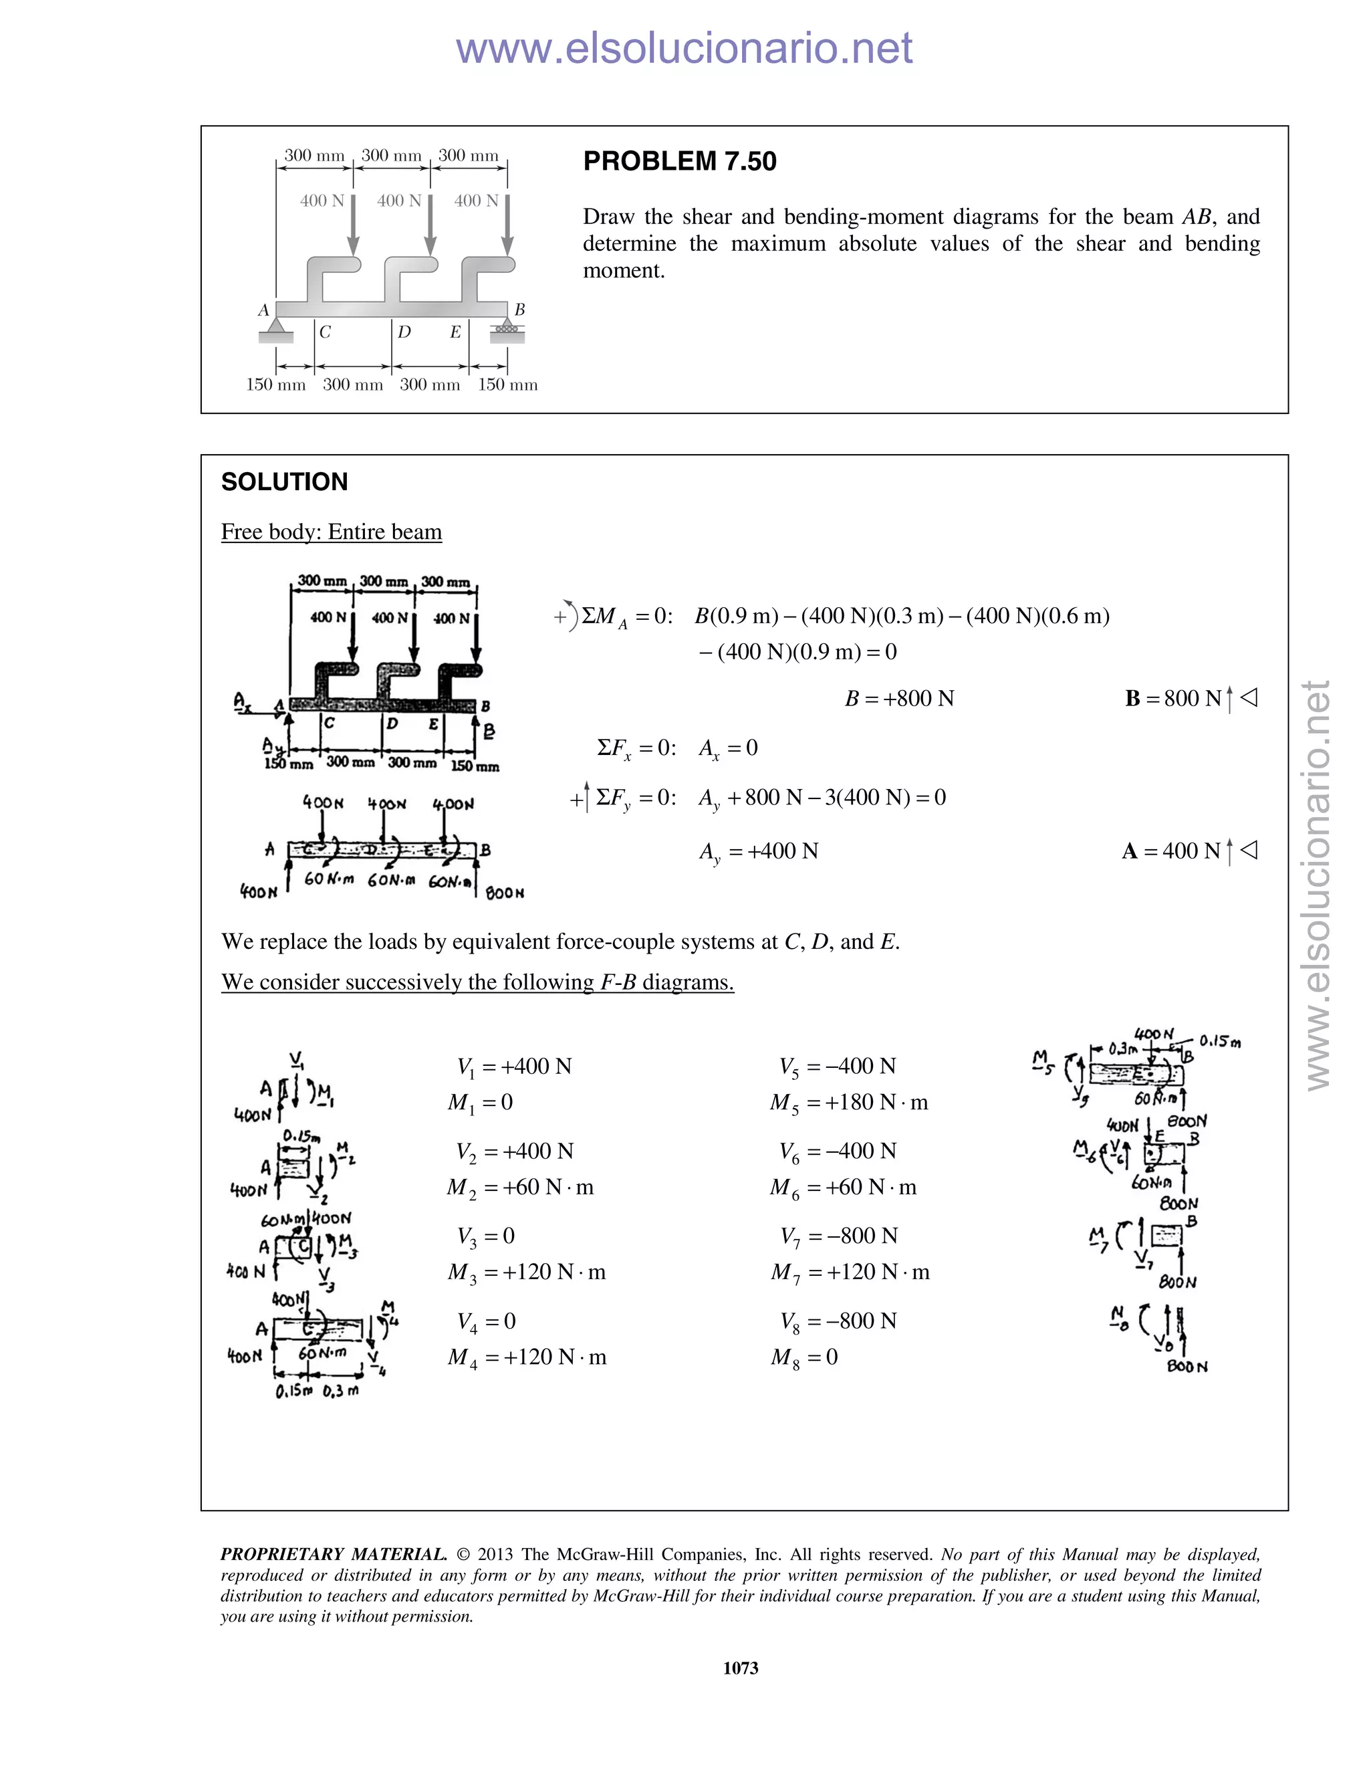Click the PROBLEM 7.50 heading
click(x=680, y=161)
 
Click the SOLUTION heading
click(x=285, y=482)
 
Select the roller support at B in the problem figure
click(x=507, y=327)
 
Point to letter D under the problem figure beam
click(x=404, y=332)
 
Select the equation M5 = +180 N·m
click(x=849, y=1103)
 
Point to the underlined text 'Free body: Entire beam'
click(x=332, y=532)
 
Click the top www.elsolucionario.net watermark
click(x=684, y=48)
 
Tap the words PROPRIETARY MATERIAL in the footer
click(x=334, y=1555)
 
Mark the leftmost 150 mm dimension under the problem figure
click(x=276, y=384)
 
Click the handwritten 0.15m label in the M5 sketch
click(x=1220, y=1040)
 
